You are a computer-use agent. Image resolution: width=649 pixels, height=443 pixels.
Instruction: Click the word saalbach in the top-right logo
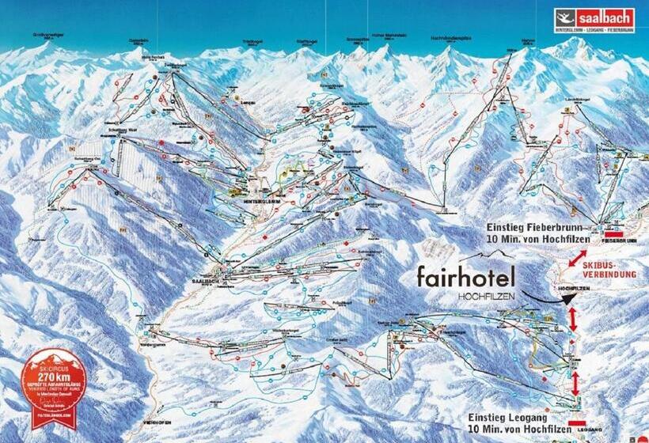click(x=605, y=17)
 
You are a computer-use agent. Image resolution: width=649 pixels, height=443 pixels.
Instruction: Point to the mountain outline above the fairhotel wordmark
click(x=486, y=256)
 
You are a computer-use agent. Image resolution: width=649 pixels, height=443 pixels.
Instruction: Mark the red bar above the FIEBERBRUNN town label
click(x=615, y=233)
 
